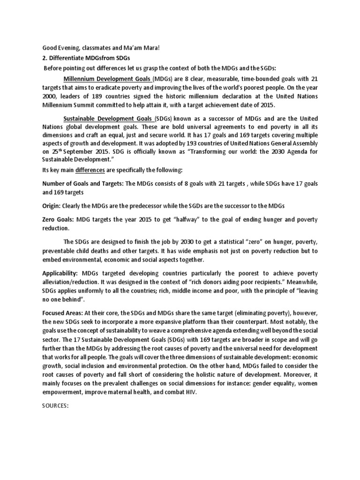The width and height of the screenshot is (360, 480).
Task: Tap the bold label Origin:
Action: (52, 206)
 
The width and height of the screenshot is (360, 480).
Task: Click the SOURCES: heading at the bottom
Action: (55, 406)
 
